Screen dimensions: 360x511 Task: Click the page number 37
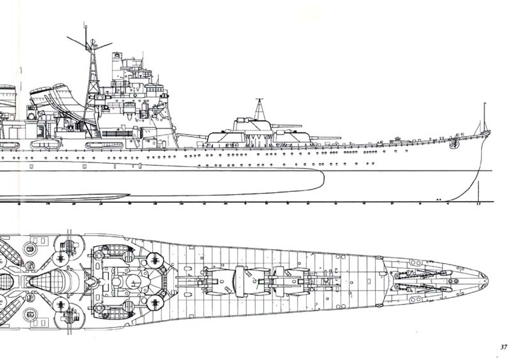(503, 347)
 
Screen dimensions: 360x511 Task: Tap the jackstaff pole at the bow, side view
(484, 116)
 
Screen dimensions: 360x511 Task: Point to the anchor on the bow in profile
(454, 143)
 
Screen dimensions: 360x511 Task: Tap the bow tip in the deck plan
(487, 276)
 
